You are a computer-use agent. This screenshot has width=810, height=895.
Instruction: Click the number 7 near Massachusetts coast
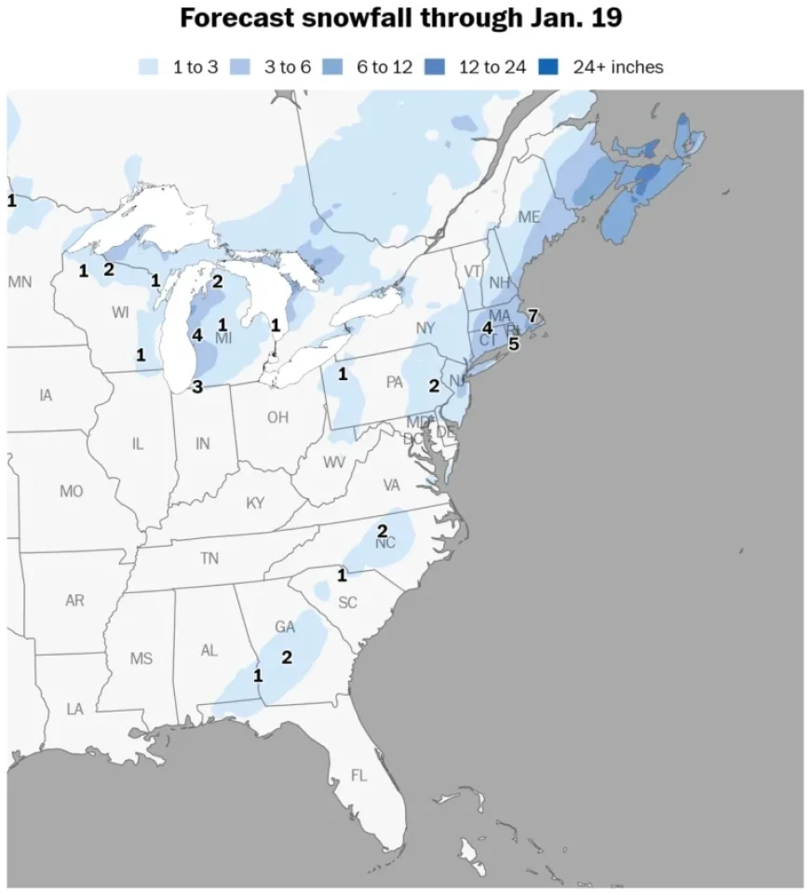coord(533,315)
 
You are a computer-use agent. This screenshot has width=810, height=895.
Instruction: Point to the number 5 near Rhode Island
coord(513,343)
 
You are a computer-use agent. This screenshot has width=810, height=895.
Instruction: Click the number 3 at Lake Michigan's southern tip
coord(197,386)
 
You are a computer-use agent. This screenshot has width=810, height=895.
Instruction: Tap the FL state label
coord(359,775)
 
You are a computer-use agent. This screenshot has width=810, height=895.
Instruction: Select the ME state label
coord(529,217)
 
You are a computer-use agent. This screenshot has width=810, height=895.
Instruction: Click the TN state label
coord(209,559)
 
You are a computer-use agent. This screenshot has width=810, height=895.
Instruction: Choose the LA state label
coord(74,709)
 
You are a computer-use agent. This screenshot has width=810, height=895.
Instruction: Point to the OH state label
coord(277,417)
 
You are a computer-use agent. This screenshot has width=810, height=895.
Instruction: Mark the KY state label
coord(255,503)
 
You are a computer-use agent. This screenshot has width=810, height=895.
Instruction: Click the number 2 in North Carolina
coord(382,531)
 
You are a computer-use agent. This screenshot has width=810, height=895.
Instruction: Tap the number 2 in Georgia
coord(287,657)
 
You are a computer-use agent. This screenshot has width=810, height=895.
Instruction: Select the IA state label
coord(46,395)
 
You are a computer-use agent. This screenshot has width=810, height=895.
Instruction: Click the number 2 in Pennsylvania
coord(434,386)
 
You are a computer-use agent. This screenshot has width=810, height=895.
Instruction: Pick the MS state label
coord(141,658)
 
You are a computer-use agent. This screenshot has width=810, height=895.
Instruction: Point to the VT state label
coord(473,271)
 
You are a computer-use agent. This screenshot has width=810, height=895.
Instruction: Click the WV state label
coord(334,463)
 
